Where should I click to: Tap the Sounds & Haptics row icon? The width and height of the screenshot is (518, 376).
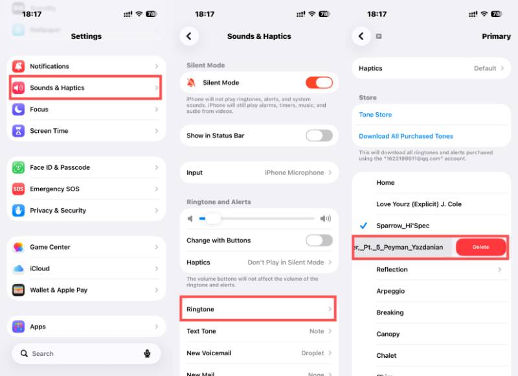click(x=18, y=88)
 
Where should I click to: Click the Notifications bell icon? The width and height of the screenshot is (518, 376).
click(x=18, y=66)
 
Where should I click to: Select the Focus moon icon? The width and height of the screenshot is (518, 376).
click(x=18, y=110)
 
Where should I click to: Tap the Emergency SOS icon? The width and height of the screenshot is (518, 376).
click(x=18, y=189)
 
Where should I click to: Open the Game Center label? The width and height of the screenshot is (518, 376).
click(x=50, y=247)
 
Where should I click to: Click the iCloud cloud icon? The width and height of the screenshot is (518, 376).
click(x=18, y=268)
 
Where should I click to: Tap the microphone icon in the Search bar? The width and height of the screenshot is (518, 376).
click(x=148, y=353)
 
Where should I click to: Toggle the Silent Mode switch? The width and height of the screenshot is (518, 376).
click(x=319, y=82)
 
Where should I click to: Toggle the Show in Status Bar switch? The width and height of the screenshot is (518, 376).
click(x=319, y=135)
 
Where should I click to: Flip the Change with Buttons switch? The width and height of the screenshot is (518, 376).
click(x=319, y=241)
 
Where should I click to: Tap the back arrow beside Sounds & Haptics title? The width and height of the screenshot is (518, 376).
click(x=189, y=36)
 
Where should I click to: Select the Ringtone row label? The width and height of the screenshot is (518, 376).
click(x=200, y=309)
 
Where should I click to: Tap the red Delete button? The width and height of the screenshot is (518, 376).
click(x=480, y=247)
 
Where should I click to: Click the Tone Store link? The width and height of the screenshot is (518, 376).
click(x=376, y=115)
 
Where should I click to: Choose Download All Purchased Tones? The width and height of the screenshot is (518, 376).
click(x=406, y=136)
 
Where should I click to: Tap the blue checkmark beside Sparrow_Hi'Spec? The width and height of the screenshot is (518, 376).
click(x=363, y=226)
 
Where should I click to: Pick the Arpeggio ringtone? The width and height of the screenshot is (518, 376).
click(x=390, y=291)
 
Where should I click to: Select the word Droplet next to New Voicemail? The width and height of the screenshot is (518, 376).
click(x=313, y=353)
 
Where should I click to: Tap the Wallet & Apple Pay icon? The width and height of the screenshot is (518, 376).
click(x=18, y=290)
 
